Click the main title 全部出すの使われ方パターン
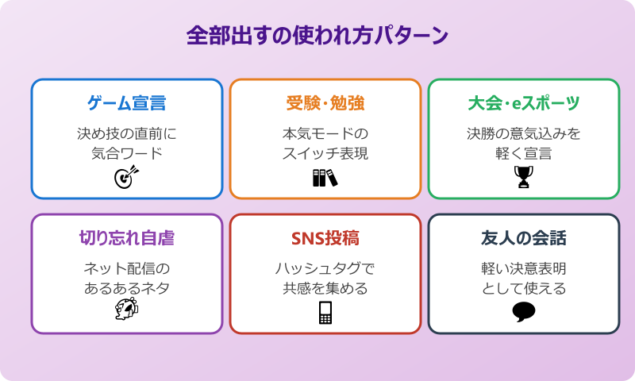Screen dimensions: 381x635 [317, 37]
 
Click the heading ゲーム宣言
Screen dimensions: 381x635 [127, 103]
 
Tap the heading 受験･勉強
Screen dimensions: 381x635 [325, 103]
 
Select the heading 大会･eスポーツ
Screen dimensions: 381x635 [524, 103]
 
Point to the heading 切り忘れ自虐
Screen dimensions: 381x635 [127, 238]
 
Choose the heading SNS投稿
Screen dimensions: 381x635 [325, 238]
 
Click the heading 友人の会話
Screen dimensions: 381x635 [524, 238]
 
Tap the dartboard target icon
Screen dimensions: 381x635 [127, 176]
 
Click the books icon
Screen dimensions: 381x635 [325, 177]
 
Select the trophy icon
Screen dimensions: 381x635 [524, 176]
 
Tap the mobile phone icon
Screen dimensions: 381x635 [325, 312]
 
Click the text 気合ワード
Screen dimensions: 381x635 [127, 153]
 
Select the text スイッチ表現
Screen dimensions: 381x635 [325, 153]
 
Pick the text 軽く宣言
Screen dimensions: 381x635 [524, 153]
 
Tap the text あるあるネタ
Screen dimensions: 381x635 [127, 288]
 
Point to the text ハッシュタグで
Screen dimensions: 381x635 [325, 268]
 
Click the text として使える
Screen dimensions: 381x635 [524, 288]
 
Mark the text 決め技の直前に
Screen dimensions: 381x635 [127, 133]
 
